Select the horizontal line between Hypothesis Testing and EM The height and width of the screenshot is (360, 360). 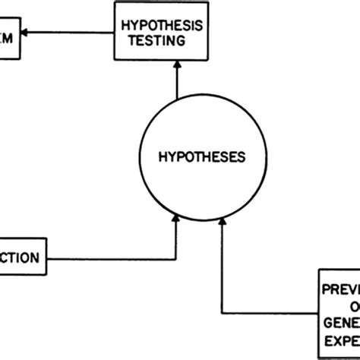(68, 33)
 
